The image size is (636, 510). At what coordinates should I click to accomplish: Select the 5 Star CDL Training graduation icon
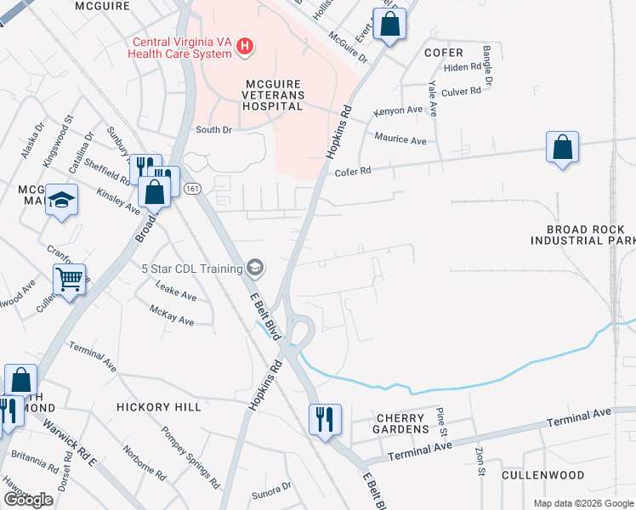tap(253, 269)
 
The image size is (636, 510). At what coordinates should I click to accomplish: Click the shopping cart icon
tap(69, 278)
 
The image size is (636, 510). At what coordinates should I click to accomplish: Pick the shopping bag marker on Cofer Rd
tap(562, 148)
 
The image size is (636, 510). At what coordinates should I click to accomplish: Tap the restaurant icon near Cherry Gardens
tap(325, 419)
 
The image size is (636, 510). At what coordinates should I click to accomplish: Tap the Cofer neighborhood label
tap(443, 53)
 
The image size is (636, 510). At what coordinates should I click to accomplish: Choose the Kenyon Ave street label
tap(399, 111)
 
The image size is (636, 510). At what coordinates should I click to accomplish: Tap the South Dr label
tap(213, 130)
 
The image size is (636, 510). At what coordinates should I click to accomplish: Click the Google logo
tap(28, 500)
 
